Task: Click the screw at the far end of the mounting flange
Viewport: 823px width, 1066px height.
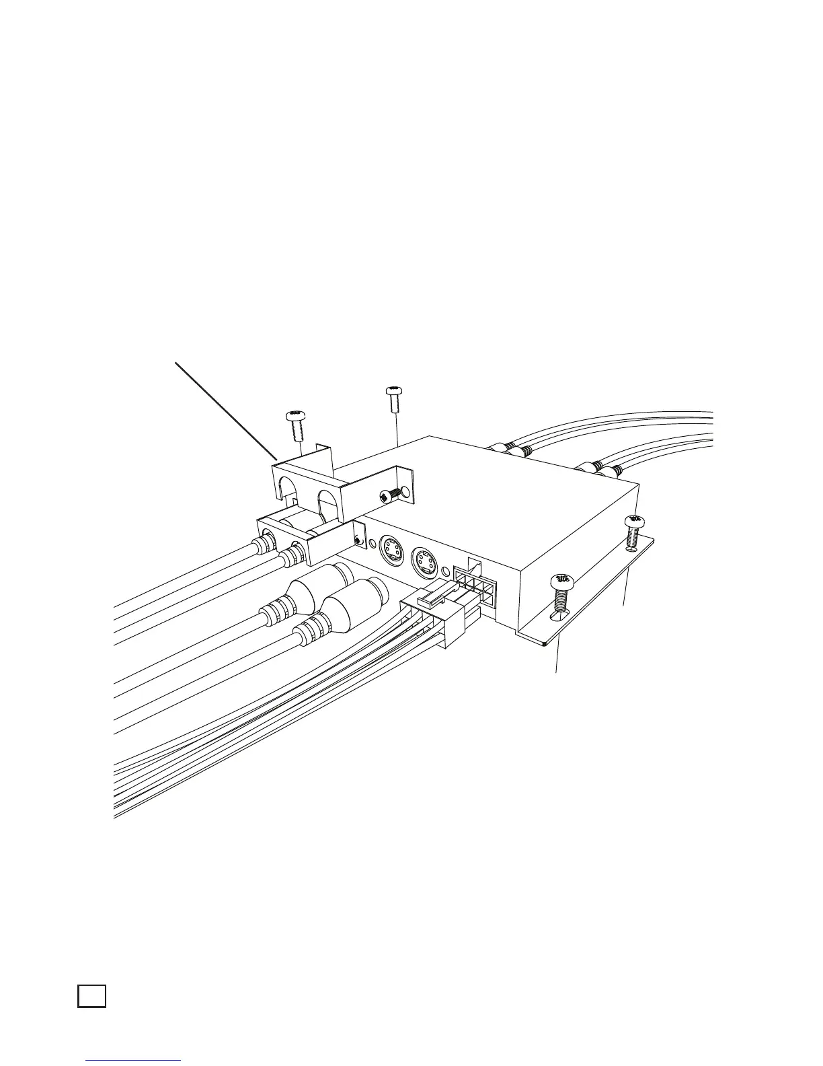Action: [633, 529]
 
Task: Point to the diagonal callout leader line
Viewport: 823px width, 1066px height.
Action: [226, 411]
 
